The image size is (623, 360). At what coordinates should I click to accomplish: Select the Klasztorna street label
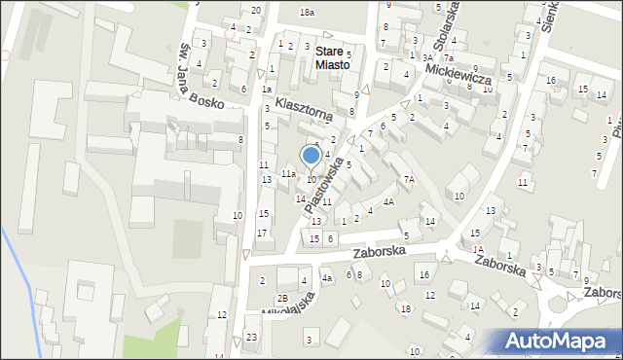pyautogui.click(x=304, y=108)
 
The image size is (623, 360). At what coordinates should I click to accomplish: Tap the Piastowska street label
pyautogui.click(x=324, y=188)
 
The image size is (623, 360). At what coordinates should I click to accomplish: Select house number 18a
pyautogui.click(x=308, y=12)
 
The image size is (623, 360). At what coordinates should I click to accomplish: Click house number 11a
pyautogui.click(x=289, y=173)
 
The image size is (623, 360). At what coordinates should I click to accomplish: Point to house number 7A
pyautogui.click(x=410, y=180)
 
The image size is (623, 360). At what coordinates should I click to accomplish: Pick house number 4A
pyautogui.click(x=388, y=202)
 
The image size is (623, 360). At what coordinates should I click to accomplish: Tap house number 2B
pyautogui.click(x=282, y=298)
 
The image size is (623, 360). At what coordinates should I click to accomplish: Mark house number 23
pyautogui.click(x=252, y=338)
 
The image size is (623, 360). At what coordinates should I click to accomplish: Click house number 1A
pyautogui.click(x=478, y=249)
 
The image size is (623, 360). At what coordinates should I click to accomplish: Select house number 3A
pyautogui.click(x=427, y=58)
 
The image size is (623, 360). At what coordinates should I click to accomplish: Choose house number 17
pyautogui.click(x=262, y=233)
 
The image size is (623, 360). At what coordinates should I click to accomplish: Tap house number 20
pyautogui.click(x=256, y=10)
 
